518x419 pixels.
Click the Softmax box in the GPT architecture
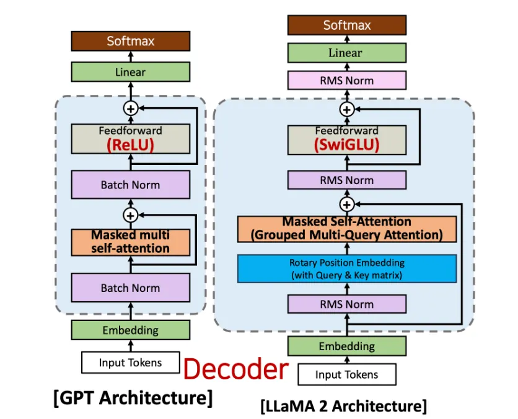[130, 41]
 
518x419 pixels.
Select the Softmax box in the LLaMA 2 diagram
[346, 25]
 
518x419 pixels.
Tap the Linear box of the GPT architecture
[130, 72]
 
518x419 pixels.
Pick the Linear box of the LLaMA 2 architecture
[346, 53]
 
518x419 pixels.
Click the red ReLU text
[130, 146]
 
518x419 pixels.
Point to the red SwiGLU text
[346, 144]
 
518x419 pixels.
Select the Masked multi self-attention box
[130, 242]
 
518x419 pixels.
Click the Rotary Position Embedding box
[346, 269]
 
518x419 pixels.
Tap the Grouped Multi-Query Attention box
[346, 229]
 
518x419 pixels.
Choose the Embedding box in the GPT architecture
[130, 330]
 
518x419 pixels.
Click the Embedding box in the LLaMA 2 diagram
[346, 346]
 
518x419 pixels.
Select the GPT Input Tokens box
[130, 363]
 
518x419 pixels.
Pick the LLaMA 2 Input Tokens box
[346, 374]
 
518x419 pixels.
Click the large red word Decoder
[236, 369]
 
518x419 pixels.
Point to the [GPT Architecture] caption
[133, 397]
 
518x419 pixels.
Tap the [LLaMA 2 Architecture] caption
[343, 407]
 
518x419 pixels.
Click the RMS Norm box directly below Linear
[346, 80]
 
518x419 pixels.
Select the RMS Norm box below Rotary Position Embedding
[346, 304]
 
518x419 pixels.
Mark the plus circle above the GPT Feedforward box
[130, 107]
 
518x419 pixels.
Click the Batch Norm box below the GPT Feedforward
[130, 185]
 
